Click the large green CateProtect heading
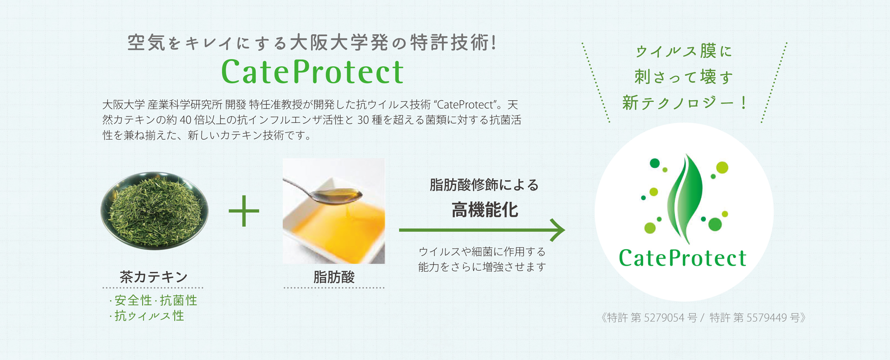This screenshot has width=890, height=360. tap(312, 72)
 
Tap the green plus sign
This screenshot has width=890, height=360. tap(244, 211)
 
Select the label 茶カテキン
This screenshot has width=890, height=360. tap(154, 277)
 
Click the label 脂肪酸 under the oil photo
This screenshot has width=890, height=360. tap(334, 277)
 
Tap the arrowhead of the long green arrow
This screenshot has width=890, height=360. tap(557, 230)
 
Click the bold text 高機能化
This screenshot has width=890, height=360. tap(485, 210)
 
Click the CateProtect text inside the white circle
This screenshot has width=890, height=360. tap(683, 258)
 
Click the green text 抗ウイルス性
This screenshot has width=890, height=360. tap(149, 316)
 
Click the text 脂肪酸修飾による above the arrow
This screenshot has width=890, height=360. tap(484, 185)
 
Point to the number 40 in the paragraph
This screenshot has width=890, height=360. tap(185, 120)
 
